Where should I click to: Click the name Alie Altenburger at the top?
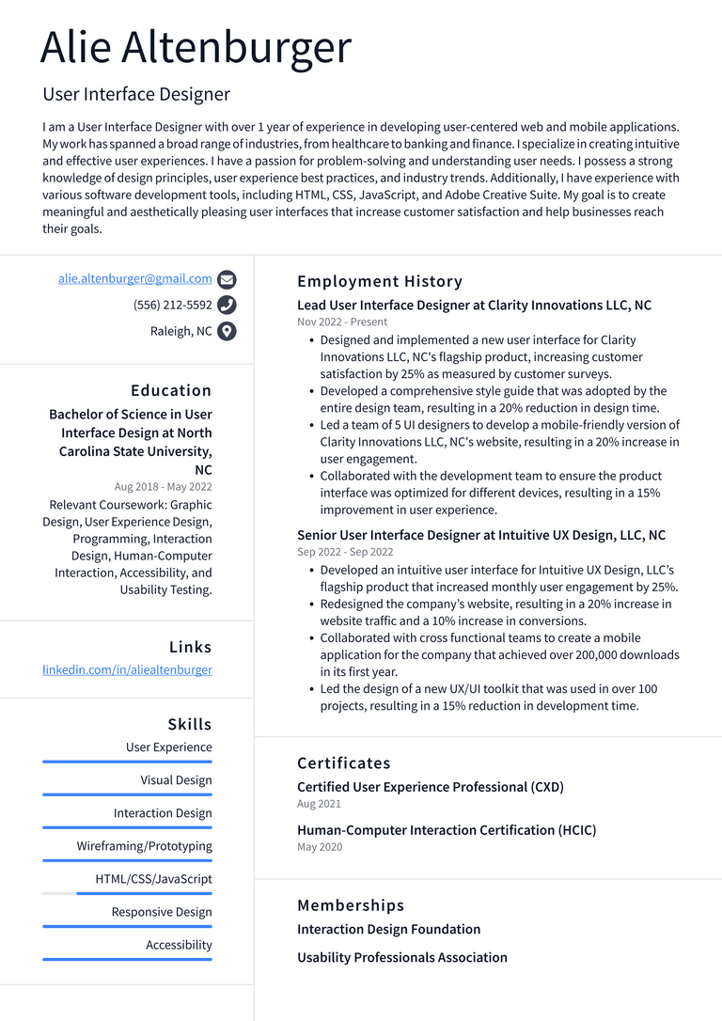coord(196,48)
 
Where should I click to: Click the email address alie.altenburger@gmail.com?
coord(134,279)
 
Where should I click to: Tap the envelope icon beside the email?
coord(227,279)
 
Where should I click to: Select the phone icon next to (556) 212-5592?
coord(227,305)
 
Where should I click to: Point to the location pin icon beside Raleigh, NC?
coord(227,331)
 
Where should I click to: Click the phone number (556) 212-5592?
coord(172,305)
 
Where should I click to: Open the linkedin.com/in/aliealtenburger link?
coord(127,670)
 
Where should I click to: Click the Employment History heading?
coord(380,281)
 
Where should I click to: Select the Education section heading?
coord(171,390)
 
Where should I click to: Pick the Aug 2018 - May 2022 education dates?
coord(163,487)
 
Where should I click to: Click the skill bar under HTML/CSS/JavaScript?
coord(127,893)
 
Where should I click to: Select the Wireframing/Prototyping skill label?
coord(144,846)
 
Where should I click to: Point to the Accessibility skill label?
coord(179,945)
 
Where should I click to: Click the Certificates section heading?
coord(344,763)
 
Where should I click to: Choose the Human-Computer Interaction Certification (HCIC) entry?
coord(447,830)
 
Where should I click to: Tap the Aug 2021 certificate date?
coord(319,805)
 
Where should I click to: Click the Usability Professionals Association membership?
coord(402,957)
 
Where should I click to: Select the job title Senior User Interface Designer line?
coord(481,535)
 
